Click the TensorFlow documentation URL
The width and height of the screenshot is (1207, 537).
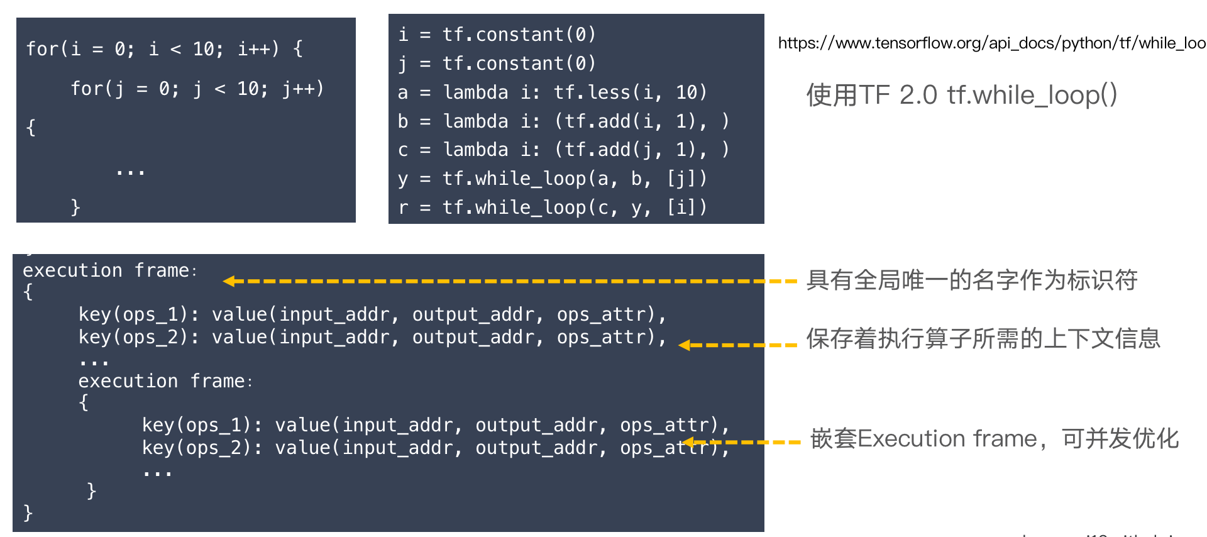[991, 43]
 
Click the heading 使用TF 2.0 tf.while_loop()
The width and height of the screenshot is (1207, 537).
[961, 95]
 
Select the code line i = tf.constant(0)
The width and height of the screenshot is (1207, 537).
[497, 35]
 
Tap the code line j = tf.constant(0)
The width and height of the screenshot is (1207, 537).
[497, 64]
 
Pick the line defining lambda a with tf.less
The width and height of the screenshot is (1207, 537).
[552, 92]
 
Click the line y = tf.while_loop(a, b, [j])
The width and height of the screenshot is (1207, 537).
[552, 179]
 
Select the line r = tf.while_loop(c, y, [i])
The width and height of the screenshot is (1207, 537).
[552, 208]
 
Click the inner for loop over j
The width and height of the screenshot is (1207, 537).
[197, 89]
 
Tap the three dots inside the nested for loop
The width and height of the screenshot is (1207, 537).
[130, 170]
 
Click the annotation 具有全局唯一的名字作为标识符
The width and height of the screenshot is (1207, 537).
[972, 280]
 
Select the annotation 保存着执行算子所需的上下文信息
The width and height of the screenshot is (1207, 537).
[983, 338]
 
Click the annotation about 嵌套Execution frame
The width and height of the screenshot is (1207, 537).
[995, 438]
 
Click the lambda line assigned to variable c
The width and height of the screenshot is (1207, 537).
[563, 150]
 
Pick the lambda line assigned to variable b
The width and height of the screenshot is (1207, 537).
[563, 121]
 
